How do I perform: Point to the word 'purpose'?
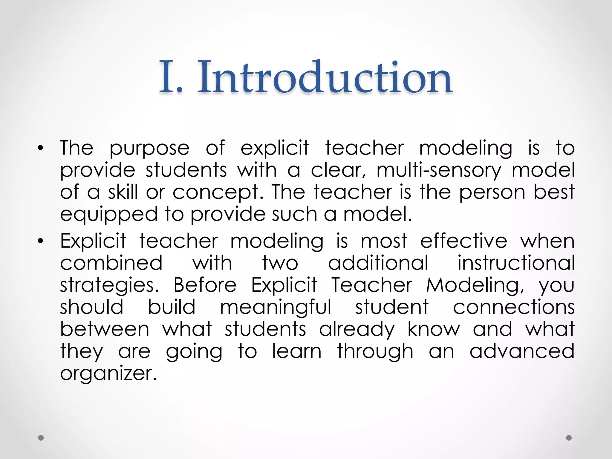pos(149,149)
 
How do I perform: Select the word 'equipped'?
pos(109,215)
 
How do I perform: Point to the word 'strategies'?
pos(109,285)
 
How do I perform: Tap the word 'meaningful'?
pos(276,307)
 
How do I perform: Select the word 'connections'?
pos(514,307)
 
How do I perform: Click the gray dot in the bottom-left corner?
pos(41,438)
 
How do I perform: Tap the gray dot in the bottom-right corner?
pos(569,438)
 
